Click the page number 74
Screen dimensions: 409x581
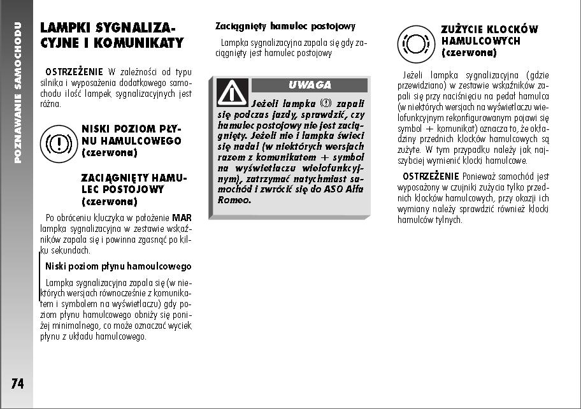tap(17, 384)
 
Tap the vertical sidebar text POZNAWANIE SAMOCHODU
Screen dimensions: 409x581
tap(18, 92)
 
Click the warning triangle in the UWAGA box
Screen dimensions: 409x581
tap(232, 92)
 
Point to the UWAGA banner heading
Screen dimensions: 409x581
tap(310, 85)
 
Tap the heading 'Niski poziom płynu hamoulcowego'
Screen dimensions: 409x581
tap(118, 266)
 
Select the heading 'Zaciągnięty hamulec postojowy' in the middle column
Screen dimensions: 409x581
tap(285, 26)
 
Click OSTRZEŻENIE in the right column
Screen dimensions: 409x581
tap(431, 175)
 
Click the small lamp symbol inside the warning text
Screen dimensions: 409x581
tap(326, 103)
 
